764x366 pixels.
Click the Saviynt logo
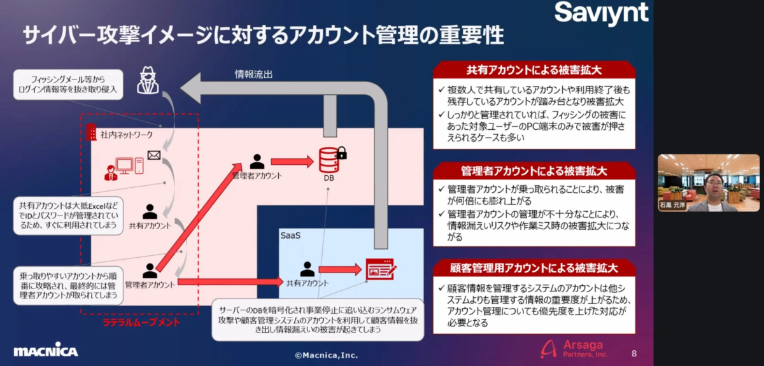coord(601,13)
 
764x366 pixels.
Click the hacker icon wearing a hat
coord(148,81)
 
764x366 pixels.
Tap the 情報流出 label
coord(253,74)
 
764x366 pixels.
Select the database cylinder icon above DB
coord(329,160)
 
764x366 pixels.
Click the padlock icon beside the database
coord(342,153)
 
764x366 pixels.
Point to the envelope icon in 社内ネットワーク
coord(153,155)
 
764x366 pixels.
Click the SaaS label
coord(290,236)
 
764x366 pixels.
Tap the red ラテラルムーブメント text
coord(141,323)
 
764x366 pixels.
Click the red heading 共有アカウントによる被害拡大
coord(534,69)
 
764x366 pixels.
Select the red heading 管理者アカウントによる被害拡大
coord(534,171)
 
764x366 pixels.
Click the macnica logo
coord(45,351)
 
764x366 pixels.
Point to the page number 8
coord(633,353)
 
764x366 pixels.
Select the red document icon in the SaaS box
coord(380,270)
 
